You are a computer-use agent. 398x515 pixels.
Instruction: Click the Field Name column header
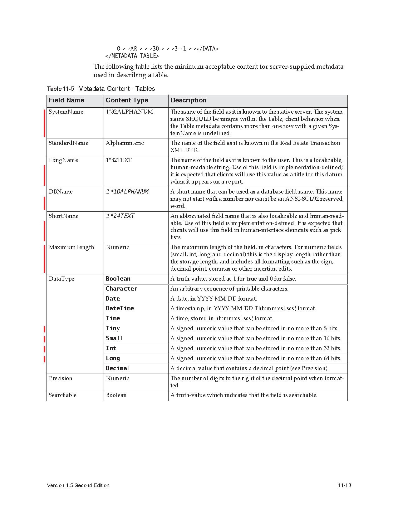(66, 100)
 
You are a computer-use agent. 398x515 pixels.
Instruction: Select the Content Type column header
(127, 100)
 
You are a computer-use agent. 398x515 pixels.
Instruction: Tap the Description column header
(188, 100)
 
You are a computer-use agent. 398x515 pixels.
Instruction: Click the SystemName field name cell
(66, 112)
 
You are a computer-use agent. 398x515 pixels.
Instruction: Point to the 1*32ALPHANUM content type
(129, 112)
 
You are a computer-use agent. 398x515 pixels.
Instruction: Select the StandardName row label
(68, 143)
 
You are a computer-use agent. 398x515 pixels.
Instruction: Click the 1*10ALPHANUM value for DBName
(127, 192)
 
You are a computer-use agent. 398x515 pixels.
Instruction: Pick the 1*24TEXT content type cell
(120, 216)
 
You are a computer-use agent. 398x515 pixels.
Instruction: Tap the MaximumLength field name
(71, 247)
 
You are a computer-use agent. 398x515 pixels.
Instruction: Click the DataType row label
(61, 279)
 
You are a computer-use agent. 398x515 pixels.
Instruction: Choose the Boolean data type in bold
(118, 279)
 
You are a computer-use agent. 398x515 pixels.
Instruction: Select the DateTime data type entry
(120, 308)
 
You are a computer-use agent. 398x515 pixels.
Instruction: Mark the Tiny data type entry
(113, 328)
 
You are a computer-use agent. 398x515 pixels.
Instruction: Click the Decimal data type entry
(118, 368)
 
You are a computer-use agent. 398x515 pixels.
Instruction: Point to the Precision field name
(60, 378)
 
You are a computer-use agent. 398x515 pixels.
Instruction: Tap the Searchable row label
(62, 395)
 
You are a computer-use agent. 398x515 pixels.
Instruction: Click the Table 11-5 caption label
(61, 89)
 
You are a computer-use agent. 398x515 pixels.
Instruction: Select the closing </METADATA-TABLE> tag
(132, 56)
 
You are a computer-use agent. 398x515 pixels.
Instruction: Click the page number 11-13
(344, 485)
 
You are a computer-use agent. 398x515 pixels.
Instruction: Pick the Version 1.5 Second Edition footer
(78, 485)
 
